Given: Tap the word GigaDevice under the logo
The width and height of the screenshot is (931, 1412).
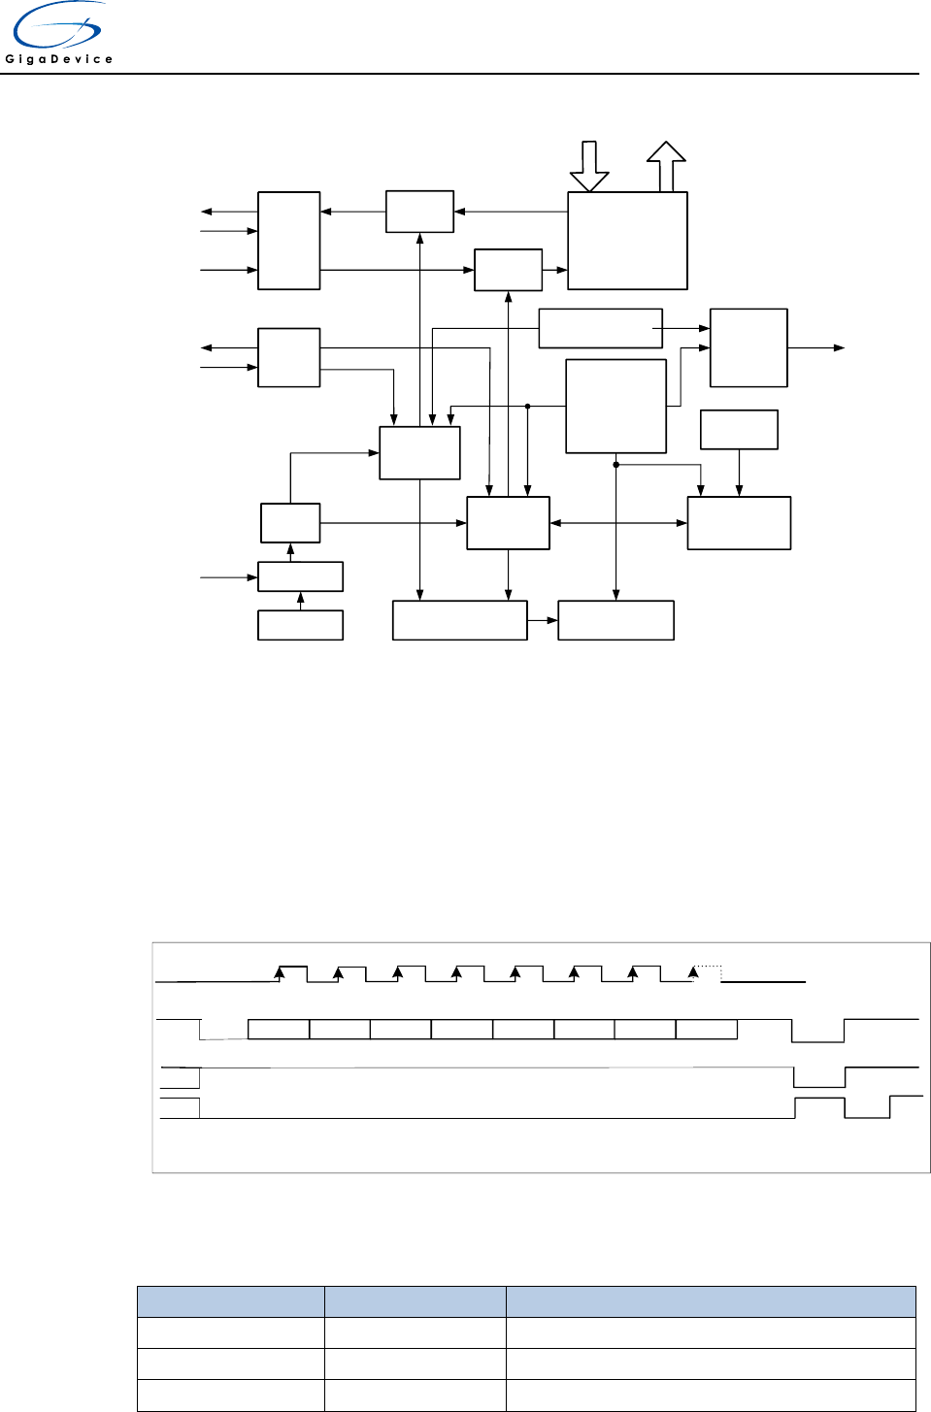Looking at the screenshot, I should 59,59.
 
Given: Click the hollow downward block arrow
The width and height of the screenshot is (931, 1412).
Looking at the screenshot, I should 589,166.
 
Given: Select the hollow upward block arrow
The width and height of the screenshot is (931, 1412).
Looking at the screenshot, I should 666,166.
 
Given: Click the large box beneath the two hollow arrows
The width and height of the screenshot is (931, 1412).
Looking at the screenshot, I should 627,241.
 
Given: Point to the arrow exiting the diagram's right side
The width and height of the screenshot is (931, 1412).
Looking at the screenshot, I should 816,347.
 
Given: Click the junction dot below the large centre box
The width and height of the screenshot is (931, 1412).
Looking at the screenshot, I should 615,465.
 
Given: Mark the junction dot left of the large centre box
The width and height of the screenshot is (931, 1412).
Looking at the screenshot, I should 527,407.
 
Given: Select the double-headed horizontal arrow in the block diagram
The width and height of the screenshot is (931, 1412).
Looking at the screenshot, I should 618,523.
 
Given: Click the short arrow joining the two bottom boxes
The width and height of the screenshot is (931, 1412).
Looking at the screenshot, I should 543,620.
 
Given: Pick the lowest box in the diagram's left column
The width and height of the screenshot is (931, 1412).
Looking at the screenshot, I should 300,625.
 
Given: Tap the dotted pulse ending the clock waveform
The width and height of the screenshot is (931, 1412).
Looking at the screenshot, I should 708,973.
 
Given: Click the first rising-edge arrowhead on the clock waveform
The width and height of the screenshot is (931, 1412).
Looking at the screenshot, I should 281,970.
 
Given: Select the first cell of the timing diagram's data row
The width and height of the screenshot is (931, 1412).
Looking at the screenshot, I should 279,1030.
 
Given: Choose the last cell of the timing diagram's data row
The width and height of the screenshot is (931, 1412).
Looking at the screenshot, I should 706,1030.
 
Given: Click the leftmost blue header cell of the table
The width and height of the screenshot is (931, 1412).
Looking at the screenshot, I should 230,1301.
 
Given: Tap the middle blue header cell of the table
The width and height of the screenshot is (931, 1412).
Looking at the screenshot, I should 415,1301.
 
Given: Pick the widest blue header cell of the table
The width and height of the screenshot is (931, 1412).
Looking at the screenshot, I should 711,1301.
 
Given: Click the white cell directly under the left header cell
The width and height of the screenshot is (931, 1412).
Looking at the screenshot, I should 230,1332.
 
